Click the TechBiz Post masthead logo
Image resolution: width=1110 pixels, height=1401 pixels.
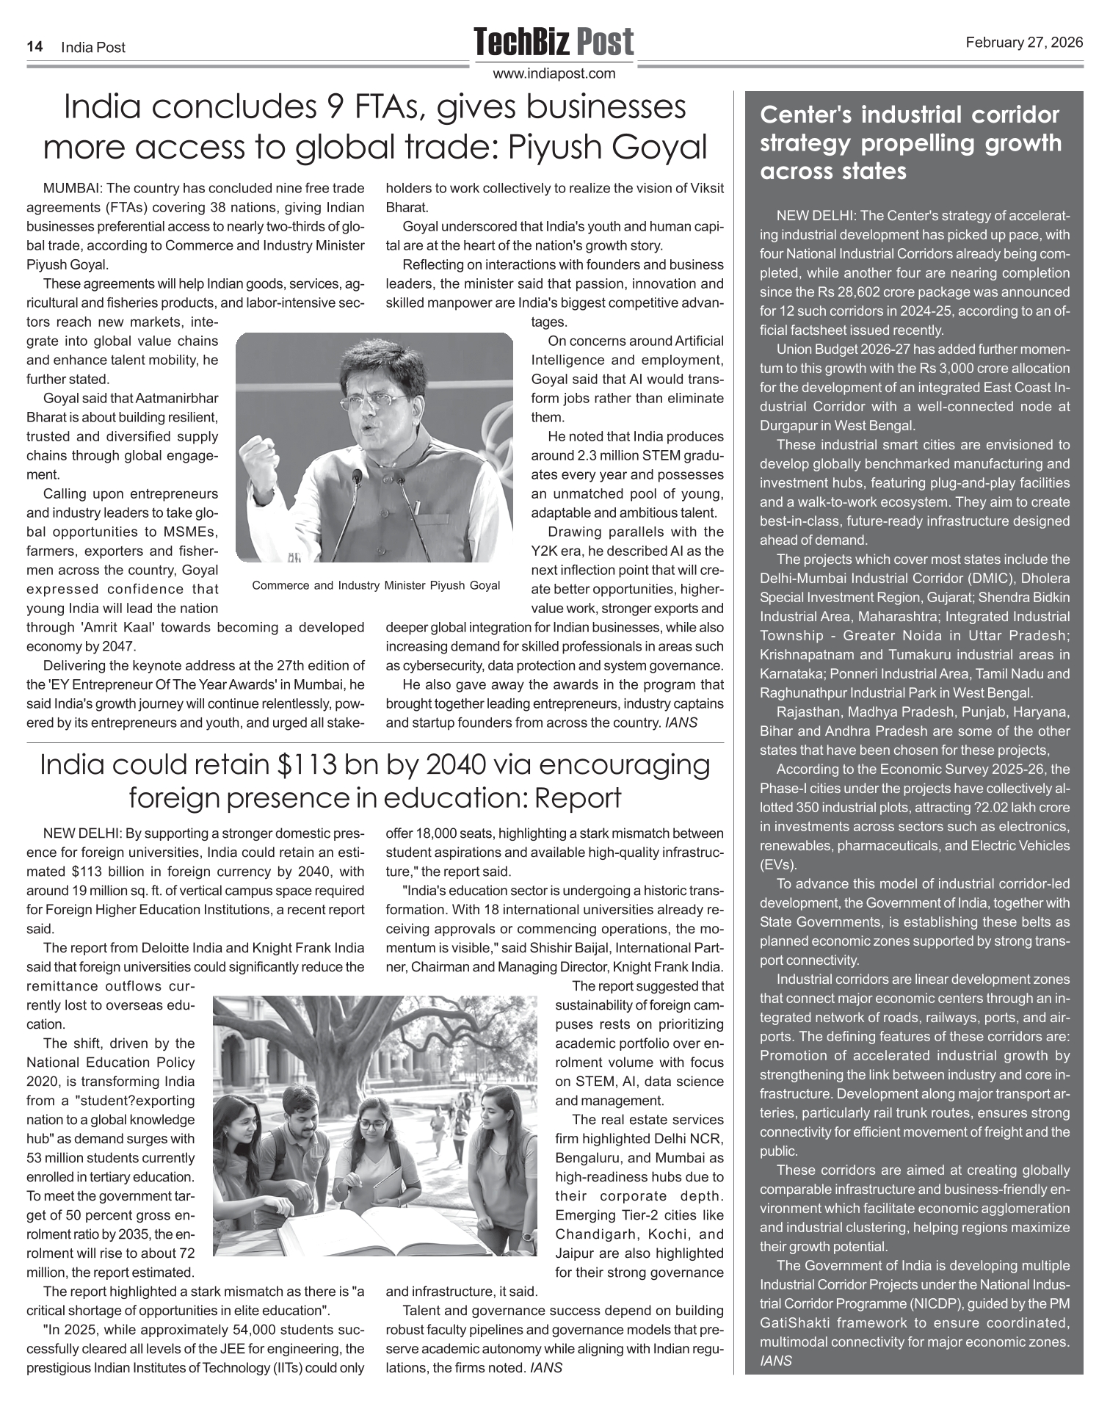point(554,43)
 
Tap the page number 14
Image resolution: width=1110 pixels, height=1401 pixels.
point(34,47)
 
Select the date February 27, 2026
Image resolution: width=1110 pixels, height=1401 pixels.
point(1024,43)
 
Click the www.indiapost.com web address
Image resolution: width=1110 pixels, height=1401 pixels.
point(554,73)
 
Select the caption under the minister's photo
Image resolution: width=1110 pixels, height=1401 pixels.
point(375,585)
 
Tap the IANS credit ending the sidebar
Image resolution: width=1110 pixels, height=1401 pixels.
point(776,1361)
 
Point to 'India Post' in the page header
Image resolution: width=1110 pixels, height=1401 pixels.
point(93,47)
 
